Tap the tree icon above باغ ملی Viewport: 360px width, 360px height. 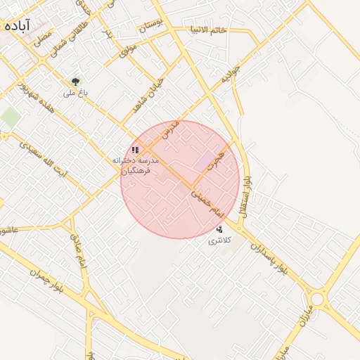click(75, 81)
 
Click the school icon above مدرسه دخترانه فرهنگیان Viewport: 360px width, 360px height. click(135, 150)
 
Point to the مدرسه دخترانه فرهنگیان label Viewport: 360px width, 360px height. click(136, 166)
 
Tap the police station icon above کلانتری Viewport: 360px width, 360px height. click(219, 229)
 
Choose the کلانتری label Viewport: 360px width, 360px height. click(219, 241)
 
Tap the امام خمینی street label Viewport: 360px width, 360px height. click(207, 200)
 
